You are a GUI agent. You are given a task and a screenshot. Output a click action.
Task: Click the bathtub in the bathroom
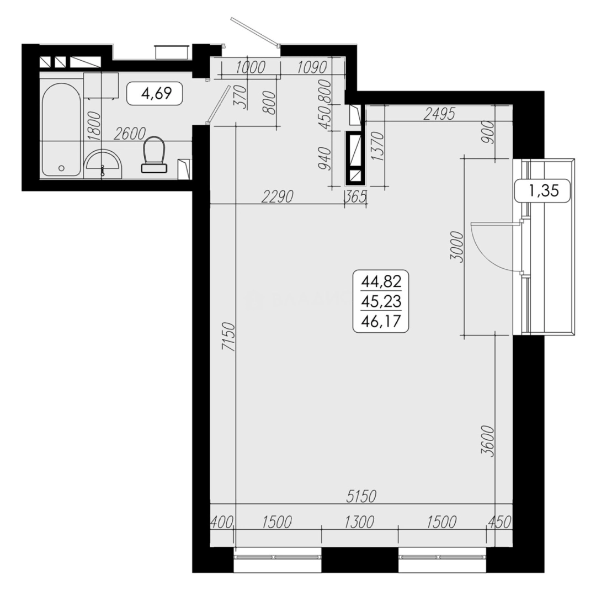point(61,130)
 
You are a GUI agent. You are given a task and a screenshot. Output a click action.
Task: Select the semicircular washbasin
point(103,162)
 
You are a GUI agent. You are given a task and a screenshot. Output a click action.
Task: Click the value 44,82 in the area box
point(381,283)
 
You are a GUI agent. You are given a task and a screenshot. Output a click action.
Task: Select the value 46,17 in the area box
point(381,320)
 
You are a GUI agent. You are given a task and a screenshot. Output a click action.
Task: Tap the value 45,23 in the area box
point(381,301)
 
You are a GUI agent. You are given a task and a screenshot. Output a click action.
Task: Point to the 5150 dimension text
point(361,496)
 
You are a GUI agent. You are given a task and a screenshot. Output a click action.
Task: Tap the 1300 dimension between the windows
point(360,521)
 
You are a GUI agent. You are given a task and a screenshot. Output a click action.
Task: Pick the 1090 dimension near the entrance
point(312,67)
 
